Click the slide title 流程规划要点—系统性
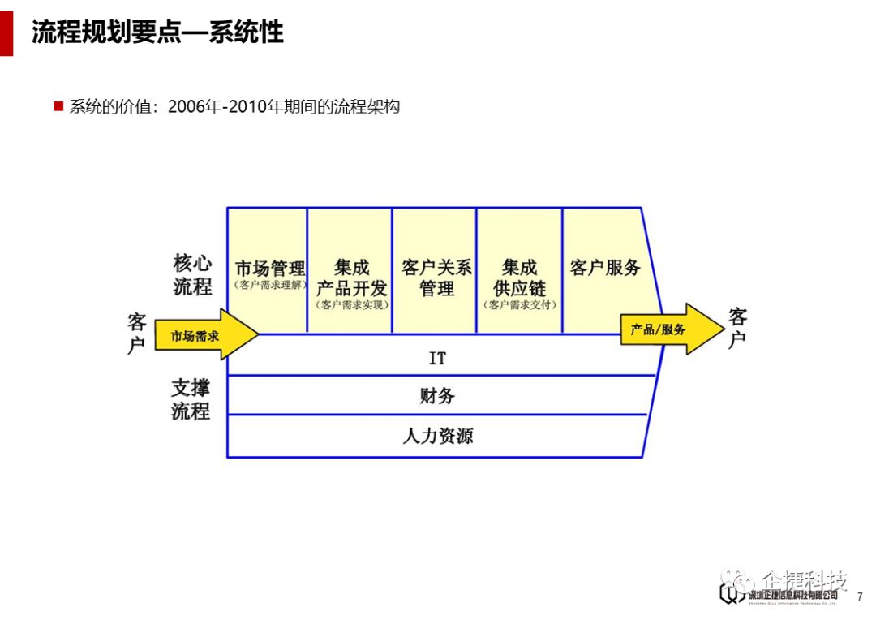tap(157, 32)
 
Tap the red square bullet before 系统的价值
tap(58, 106)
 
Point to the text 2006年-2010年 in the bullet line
tap(217, 106)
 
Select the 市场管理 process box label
tap(270, 269)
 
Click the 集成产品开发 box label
tap(351, 278)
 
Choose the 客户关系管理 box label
tap(436, 278)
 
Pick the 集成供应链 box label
tap(520, 278)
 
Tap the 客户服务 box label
tap(605, 268)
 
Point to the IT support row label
tap(437, 358)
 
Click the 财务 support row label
tap(437, 396)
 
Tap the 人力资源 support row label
tap(437, 436)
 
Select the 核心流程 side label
tap(192, 274)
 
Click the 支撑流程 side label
tap(191, 399)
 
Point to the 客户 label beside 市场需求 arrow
tap(136, 333)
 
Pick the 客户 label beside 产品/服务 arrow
tap(737, 328)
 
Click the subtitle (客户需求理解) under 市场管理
tap(270, 286)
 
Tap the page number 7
tap(860, 596)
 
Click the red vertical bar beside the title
tap(6, 28)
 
